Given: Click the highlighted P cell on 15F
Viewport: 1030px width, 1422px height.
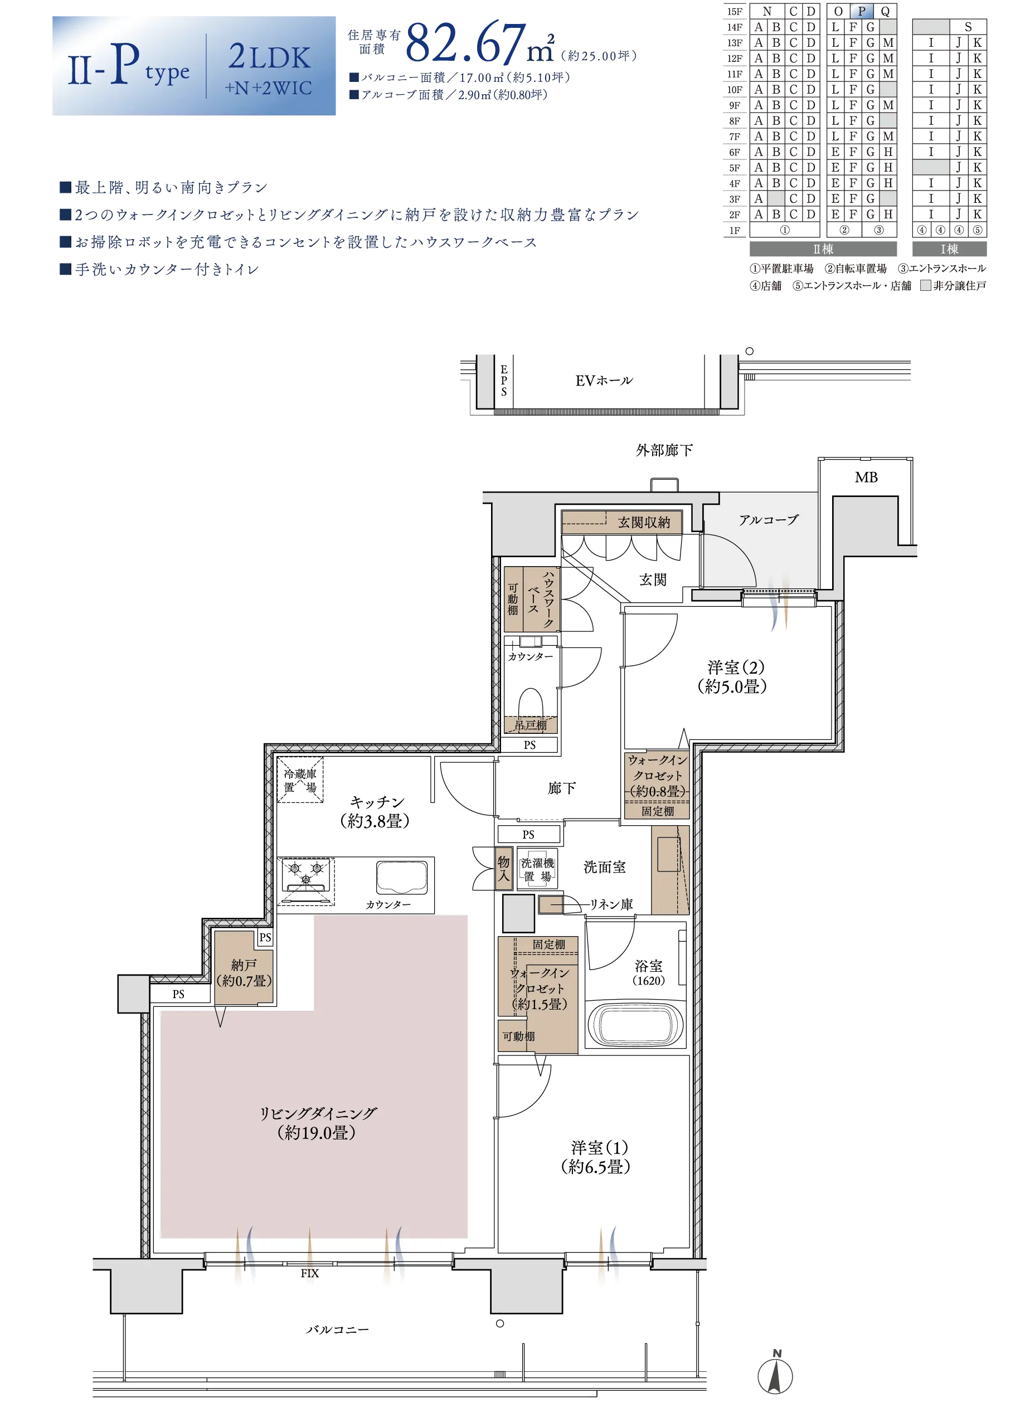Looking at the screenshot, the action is (x=861, y=11).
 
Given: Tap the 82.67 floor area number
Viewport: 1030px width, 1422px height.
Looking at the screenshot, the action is (x=466, y=44).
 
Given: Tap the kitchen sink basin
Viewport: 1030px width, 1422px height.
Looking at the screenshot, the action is (x=402, y=876).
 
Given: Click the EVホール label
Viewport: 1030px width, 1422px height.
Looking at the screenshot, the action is (x=604, y=381).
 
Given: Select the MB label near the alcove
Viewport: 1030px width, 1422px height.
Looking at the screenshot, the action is (x=866, y=477).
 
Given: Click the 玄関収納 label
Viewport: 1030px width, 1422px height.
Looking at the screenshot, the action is (x=644, y=522).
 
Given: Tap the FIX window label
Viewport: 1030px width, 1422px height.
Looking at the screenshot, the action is (x=309, y=1273).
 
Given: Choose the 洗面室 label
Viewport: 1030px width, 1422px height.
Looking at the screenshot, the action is (x=605, y=867).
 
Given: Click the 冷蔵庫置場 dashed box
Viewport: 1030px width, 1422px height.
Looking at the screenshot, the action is (x=300, y=780).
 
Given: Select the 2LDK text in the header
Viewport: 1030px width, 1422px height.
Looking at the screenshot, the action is (x=269, y=57).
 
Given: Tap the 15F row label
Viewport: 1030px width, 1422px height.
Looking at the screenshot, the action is (x=735, y=11).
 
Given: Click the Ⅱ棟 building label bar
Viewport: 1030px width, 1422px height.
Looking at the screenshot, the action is (x=823, y=249).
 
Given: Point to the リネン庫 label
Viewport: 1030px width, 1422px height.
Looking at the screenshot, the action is (x=611, y=904).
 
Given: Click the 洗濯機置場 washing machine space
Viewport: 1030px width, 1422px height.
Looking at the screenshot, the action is (x=538, y=870).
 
